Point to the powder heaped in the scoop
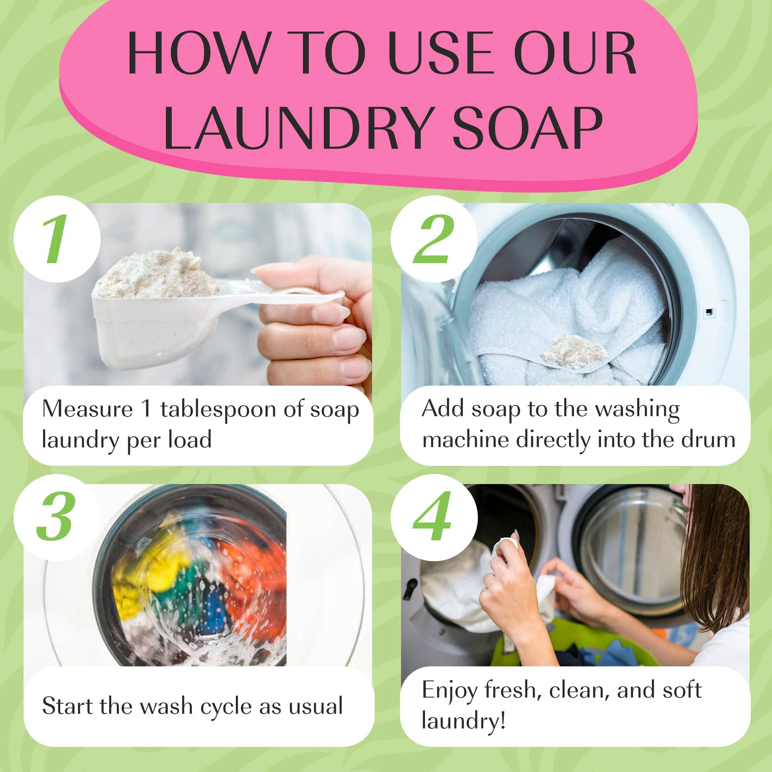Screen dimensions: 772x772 (160, 272)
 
